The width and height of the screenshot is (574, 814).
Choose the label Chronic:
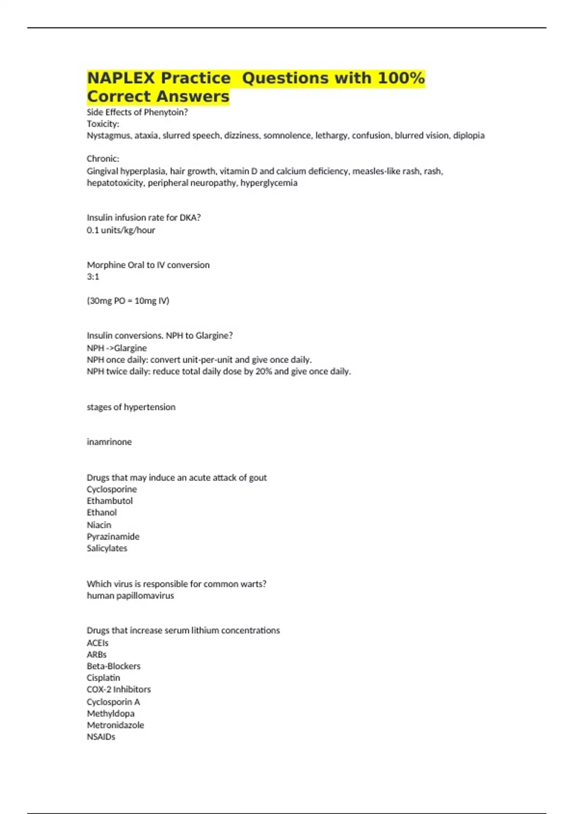[103, 159]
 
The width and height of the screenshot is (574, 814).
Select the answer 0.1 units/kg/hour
[121, 230]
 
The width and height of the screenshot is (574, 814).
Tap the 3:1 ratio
[93, 277]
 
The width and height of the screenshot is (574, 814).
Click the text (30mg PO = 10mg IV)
[128, 301]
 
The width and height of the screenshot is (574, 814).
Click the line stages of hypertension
[131, 407]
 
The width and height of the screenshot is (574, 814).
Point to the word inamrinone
[109, 442]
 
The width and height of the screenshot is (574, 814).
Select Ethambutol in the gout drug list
[110, 501]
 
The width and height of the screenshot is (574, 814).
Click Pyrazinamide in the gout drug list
[113, 537]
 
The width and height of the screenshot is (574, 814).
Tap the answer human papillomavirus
[130, 596]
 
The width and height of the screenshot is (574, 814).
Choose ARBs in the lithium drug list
[97, 655]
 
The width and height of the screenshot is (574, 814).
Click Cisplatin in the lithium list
[103, 678]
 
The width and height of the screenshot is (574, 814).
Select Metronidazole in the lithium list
[115, 725]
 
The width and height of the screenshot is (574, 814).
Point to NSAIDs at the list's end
[101, 737]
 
